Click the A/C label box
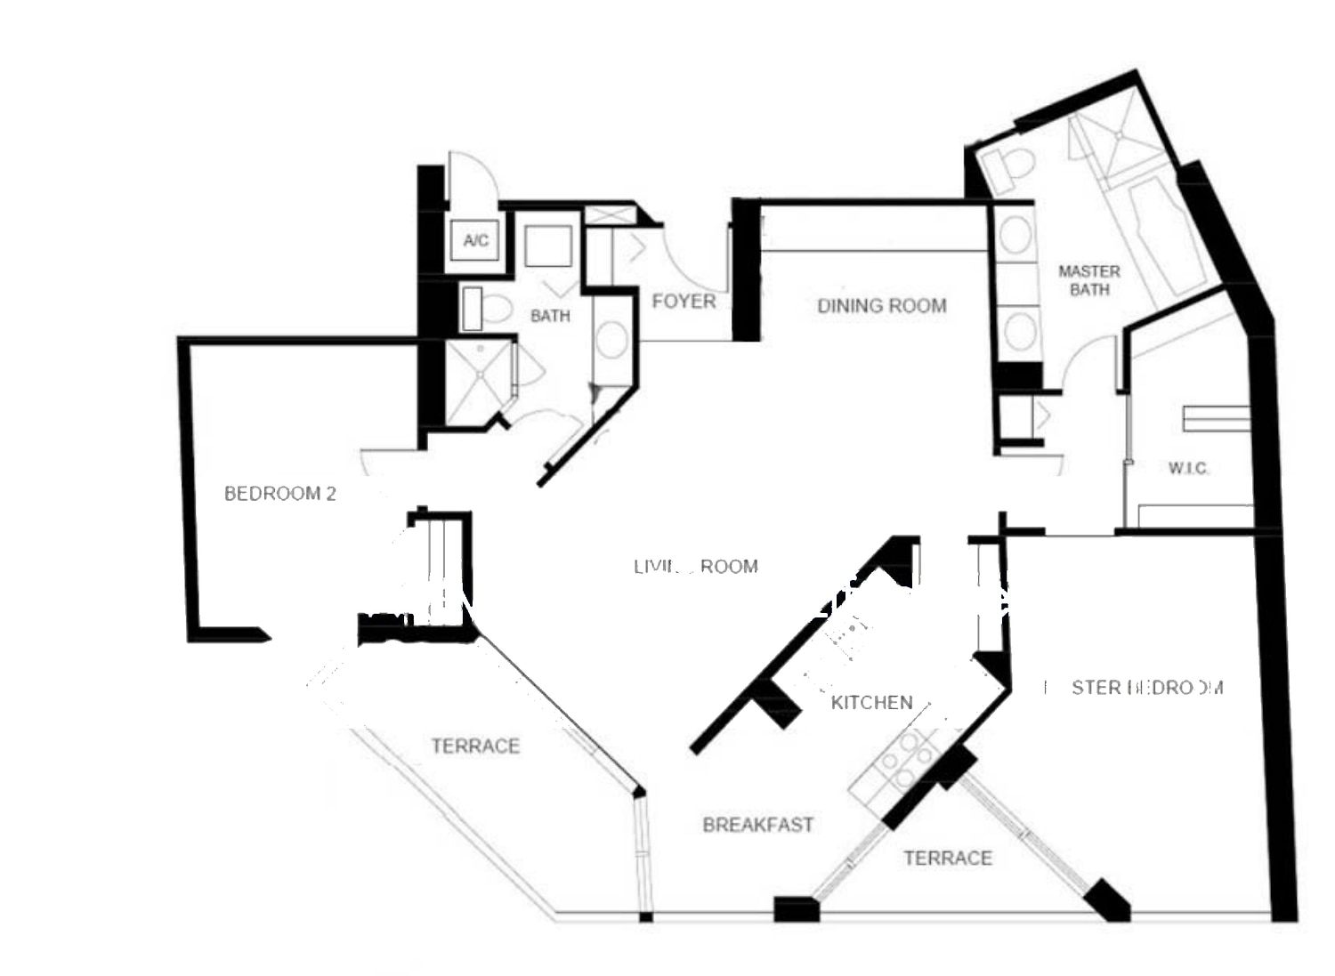click(475, 240)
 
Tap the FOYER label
click(684, 302)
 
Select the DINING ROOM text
click(881, 306)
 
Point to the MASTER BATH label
click(1088, 280)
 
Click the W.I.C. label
click(1188, 468)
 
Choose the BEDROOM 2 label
click(279, 493)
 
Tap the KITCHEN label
click(871, 702)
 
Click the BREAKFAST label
click(758, 825)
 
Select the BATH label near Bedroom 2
click(549, 316)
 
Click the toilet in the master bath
click(1011, 167)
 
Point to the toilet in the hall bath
click(488, 309)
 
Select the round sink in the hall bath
click(611, 340)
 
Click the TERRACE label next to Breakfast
click(947, 858)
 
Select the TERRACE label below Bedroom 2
click(475, 746)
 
